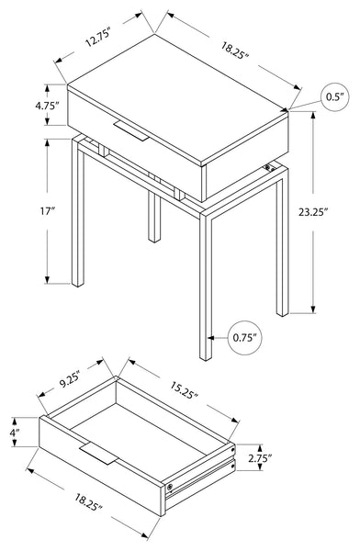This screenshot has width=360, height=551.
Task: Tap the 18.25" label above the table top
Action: pyautogui.click(x=235, y=51)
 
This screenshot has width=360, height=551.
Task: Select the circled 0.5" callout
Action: pyautogui.click(x=335, y=97)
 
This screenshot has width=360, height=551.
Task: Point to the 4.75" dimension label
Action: pyautogui.click(x=47, y=105)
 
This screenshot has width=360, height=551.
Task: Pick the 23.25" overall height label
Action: pyautogui.click(x=313, y=212)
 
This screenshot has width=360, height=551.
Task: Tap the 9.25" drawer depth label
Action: pyautogui.click(x=71, y=382)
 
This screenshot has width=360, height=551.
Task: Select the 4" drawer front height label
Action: pyautogui.click(x=14, y=432)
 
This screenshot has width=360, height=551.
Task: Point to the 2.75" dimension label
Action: pyautogui.click(x=260, y=458)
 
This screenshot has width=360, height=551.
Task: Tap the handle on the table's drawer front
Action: pyautogui.click(x=131, y=131)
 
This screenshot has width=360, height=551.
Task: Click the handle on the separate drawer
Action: pyautogui.click(x=98, y=455)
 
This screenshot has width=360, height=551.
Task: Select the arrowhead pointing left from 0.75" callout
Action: pyautogui.click(x=210, y=338)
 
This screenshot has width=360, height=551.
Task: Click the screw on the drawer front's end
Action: pyautogui.click(x=170, y=487)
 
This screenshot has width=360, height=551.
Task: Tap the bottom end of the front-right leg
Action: pyautogui.click(x=206, y=358)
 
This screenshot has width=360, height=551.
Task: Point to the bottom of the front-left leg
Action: pyautogui.click(x=78, y=285)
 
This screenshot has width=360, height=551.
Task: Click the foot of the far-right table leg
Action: pyautogui.click(x=282, y=314)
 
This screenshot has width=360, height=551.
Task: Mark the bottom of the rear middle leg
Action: pyautogui.click(x=154, y=240)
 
